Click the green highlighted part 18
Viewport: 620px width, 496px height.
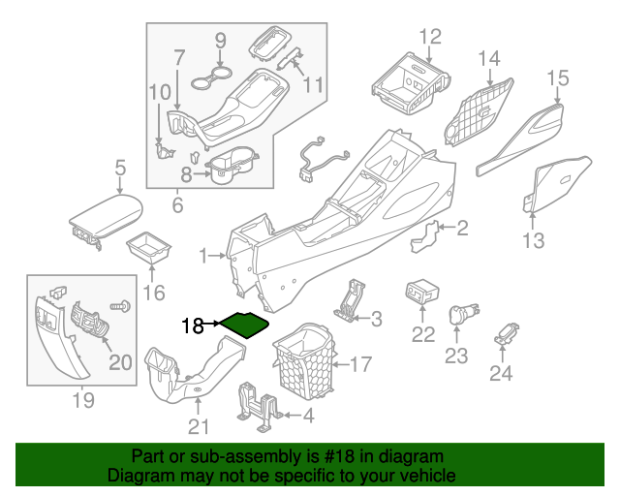click(242, 324)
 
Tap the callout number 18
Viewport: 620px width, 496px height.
click(193, 326)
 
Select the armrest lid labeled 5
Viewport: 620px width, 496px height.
click(105, 216)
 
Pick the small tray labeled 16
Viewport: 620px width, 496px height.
click(150, 248)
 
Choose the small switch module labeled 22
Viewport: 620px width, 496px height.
click(423, 292)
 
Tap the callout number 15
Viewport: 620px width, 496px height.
click(557, 77)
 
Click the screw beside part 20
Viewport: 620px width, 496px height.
click(123, 306)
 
